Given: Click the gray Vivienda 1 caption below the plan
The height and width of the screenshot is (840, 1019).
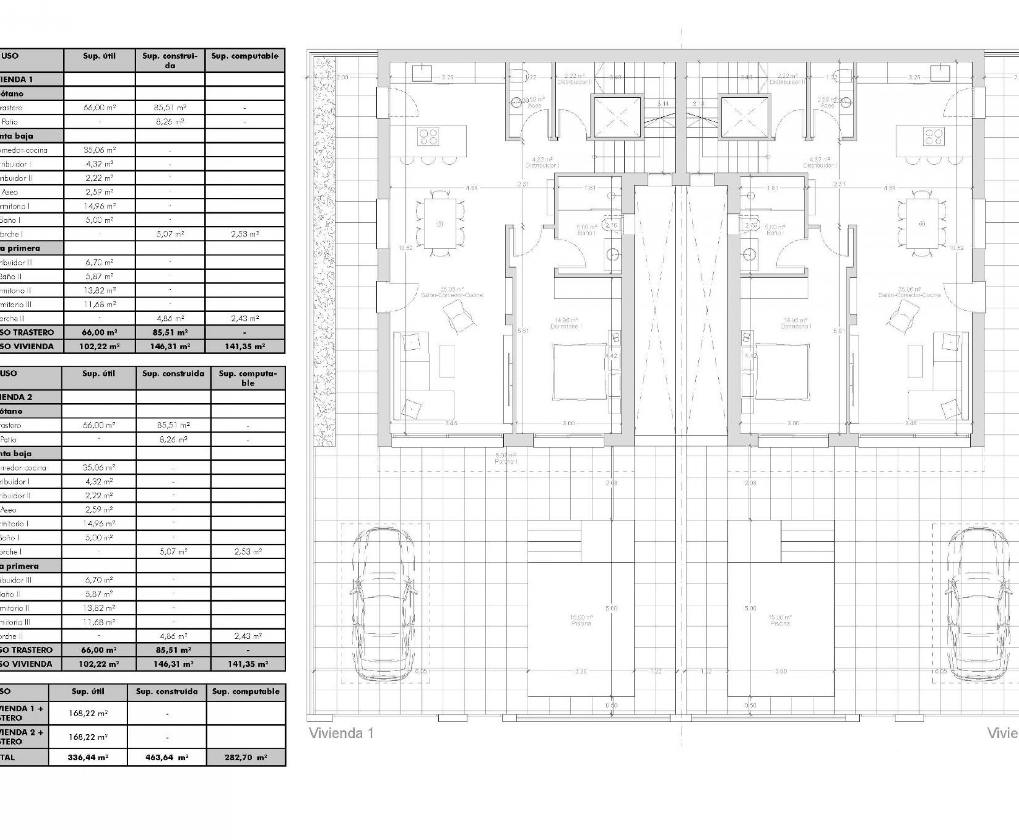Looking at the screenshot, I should (x=341, y=733).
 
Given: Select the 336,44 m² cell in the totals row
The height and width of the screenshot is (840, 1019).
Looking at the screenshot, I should (x=88, y=758).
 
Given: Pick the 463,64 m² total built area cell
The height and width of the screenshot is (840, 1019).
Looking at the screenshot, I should (x=167, y=758).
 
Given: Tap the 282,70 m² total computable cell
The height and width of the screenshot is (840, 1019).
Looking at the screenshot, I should (x=246, y=758).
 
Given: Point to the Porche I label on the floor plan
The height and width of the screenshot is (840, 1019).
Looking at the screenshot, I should (x=506, y=459).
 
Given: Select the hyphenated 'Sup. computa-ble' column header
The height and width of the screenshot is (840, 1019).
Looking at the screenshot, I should (x=247, y=378).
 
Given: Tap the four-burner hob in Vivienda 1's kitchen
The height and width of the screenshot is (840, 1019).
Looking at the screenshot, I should (x=428, y=136).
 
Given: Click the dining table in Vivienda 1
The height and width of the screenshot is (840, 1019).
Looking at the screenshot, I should (x=440, y=224).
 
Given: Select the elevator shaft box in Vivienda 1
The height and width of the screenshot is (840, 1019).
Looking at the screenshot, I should (x=616, y=118).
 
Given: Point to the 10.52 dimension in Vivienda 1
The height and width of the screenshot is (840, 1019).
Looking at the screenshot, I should (x=406, y=248).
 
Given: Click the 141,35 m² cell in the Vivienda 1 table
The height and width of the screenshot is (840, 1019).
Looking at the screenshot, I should (x=245, y=347).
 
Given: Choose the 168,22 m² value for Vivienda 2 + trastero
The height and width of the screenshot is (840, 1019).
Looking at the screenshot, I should (x=88, y=737).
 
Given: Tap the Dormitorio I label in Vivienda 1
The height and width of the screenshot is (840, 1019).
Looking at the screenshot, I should (x=566, y=323).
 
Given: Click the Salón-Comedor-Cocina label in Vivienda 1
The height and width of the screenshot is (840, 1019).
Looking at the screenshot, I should (x=452, y=292).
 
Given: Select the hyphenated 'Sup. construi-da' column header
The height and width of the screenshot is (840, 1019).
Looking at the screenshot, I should (x=170, y=61).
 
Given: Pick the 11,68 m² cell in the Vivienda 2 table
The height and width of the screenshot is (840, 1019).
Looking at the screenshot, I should (x=99, y=622).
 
